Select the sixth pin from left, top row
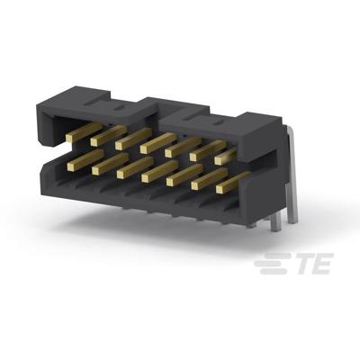(x=202, y=149)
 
